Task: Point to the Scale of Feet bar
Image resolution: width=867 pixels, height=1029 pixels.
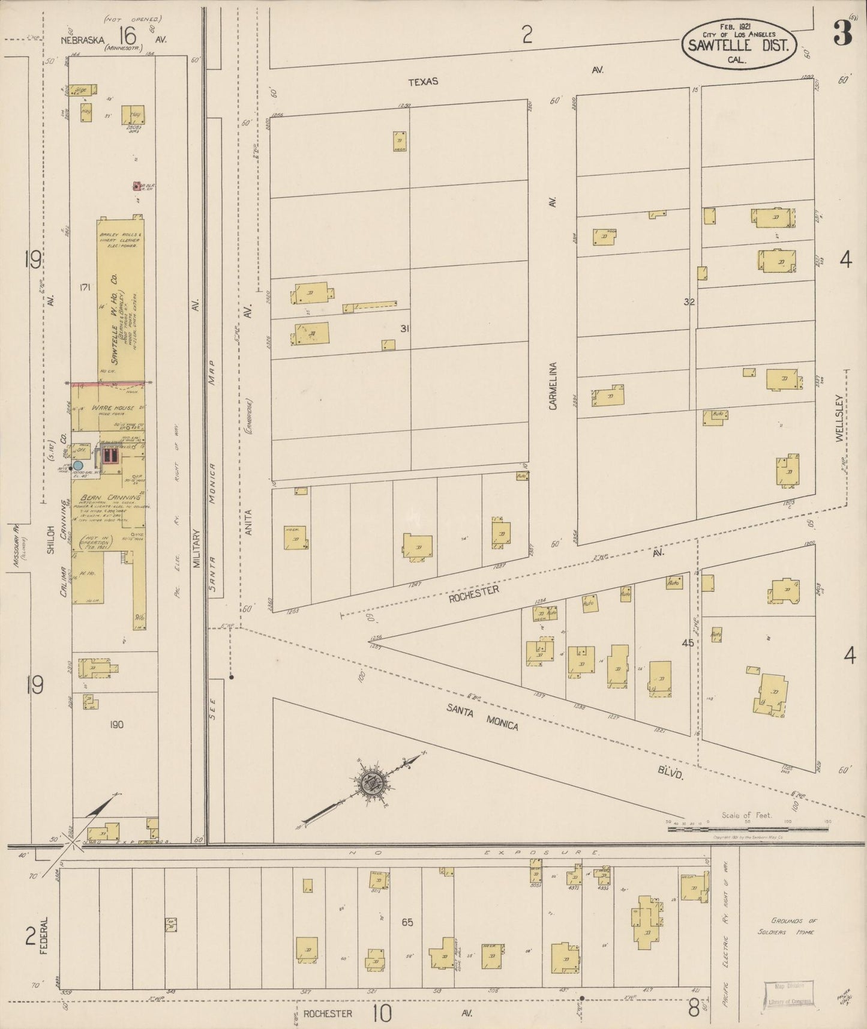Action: [x=748, y=829]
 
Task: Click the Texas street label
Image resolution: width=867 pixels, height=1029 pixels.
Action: [x=424, y=82]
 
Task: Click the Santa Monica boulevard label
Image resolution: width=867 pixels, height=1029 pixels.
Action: [x=482, y=717]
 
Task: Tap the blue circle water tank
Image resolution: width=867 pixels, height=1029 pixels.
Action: [x=78, y=465]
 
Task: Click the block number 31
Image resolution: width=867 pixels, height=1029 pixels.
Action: [x=405, y=328]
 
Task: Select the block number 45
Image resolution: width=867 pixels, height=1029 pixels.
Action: [x=688, y=643]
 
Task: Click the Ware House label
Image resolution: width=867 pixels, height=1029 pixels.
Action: [x=113, y=408]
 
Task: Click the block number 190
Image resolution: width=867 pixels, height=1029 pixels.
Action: [x=116, y=725]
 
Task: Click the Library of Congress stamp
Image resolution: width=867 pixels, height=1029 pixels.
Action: [x=788, y=992]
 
